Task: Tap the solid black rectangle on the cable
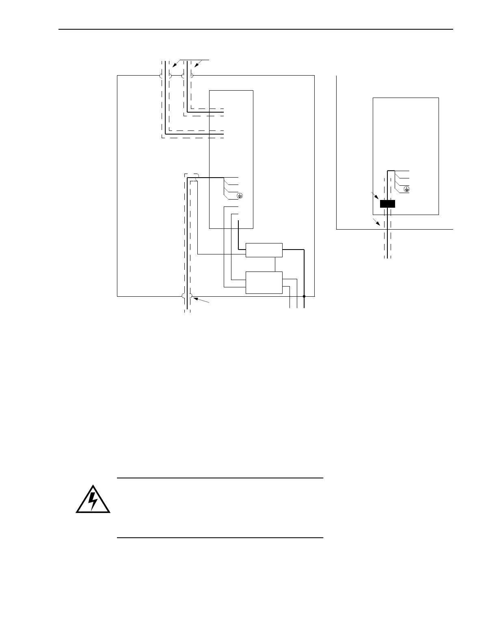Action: [387, 204]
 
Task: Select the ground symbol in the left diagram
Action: [240, 196]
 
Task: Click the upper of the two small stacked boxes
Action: [264, 250]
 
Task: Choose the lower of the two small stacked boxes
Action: [264, 282]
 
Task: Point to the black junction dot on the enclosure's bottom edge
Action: [304, 297]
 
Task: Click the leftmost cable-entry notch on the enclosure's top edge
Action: [161, 76]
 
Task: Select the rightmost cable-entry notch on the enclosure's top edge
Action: [192, 76]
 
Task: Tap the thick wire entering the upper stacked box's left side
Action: [242, 249]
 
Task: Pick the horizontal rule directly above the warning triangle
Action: [220, 478]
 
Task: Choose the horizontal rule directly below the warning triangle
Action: [220, 538]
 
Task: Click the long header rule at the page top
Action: [256, 29]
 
